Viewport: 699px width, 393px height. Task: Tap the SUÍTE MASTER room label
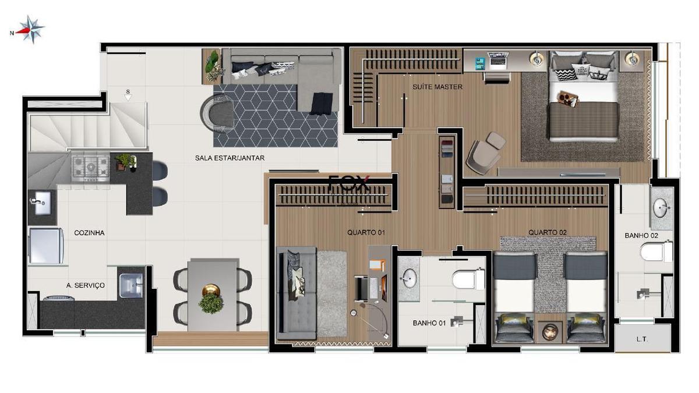pyautogui.click(x=437, y=87)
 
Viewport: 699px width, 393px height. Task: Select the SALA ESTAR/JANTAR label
pyautogui.click(x=230, y=158)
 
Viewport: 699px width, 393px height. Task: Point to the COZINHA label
pyautogui.click(x=89, y=233)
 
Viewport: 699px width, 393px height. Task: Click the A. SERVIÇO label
pyautogui.click(x=86, y=285)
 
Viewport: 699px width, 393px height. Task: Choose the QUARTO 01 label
pyautogui.click(x=366, y=232)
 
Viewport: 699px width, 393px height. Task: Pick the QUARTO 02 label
pyautogui.click(x=548, y=232)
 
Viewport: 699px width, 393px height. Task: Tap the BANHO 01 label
pyautogui.click(x=429, y=323)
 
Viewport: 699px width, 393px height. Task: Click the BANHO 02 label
pyautogui.click(x=641, y=236)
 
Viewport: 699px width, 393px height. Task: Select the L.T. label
pyautogui.click(x=642, y=339)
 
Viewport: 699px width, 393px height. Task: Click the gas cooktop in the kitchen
pyautogui.click(x=90, y=168)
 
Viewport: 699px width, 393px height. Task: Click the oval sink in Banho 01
pyautogui.click(x=408, y=278)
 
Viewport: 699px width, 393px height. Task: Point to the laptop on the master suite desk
pyautogui.click(x=499, y=60)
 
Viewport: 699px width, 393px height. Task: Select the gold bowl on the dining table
pyautogui.click(x=211, y=291)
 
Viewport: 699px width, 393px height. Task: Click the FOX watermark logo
pyautogui.click(x=349, y=183)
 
